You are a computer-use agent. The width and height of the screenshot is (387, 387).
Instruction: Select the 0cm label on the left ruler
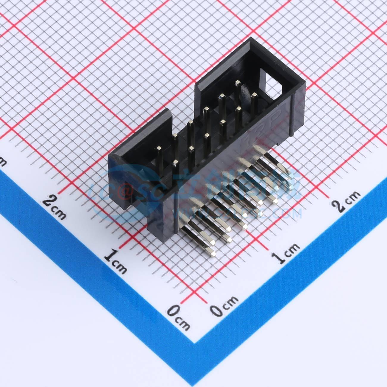[178, 317]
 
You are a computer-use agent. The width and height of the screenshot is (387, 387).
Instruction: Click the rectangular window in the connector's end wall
[273, 83]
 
